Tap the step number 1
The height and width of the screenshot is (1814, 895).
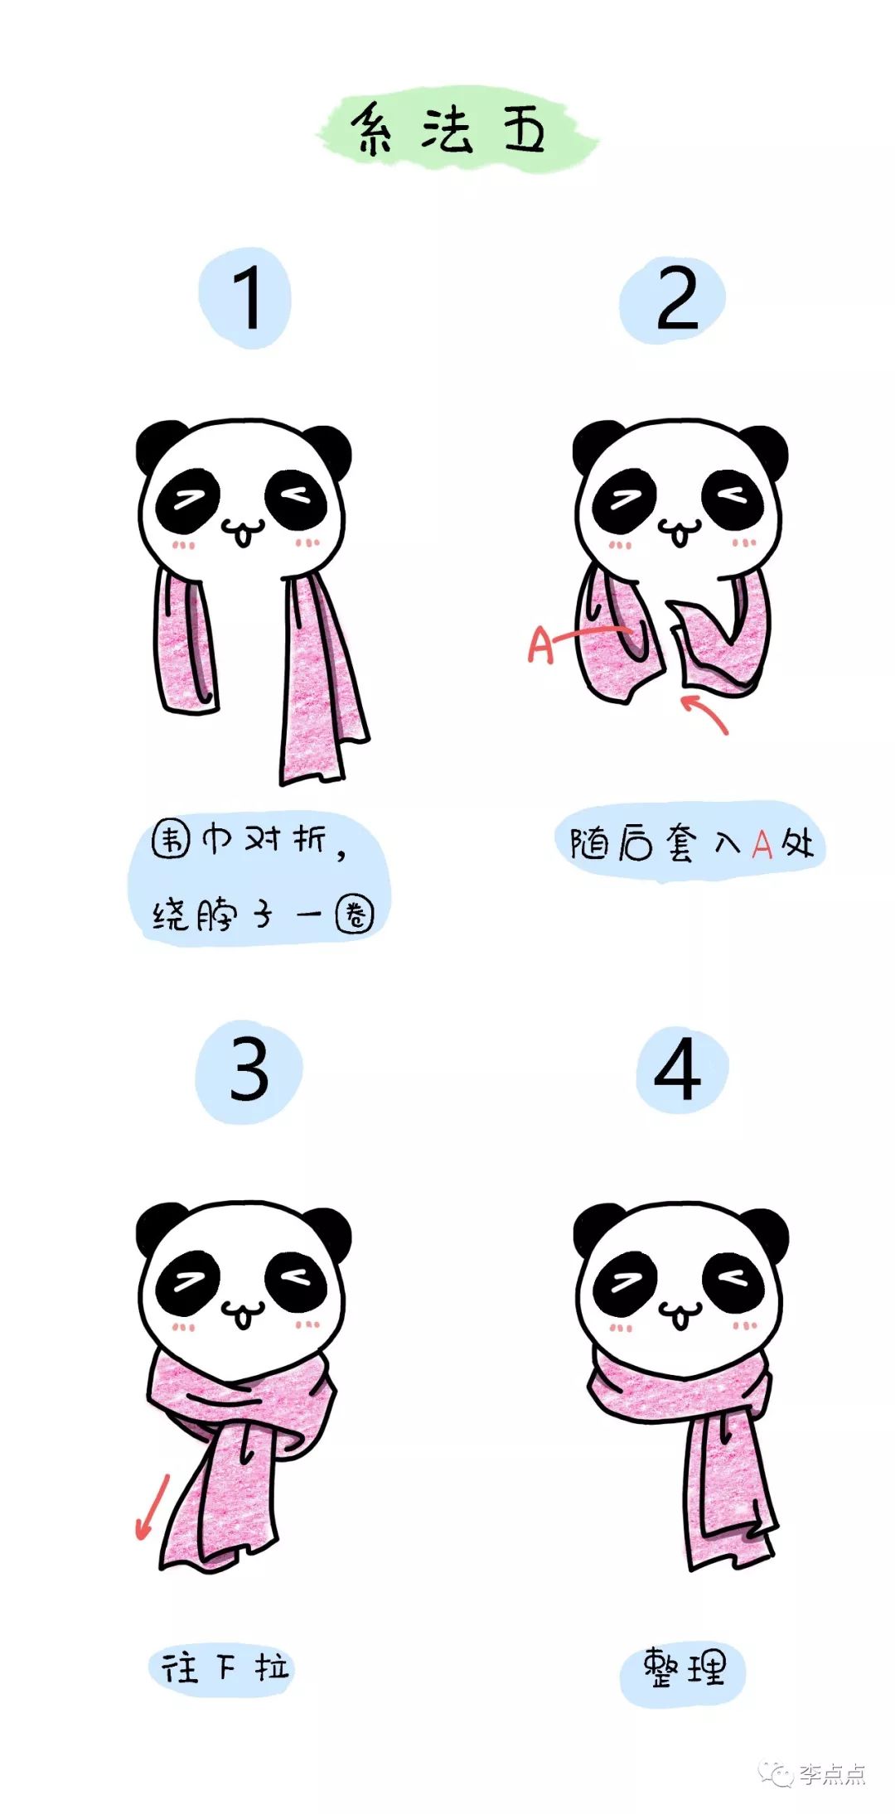coord(246,298)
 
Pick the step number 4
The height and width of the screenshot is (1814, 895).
coord(678,1069)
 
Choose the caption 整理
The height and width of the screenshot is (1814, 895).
coord(684,1667)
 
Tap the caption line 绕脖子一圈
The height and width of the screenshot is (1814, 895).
coord(261,914)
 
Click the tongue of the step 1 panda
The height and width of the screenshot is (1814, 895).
coord(242,538)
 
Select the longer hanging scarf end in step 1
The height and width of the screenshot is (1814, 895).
coord(319,687)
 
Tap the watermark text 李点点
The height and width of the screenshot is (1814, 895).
coord(832,1774)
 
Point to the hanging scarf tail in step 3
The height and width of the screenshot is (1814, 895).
coord(220,1499)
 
